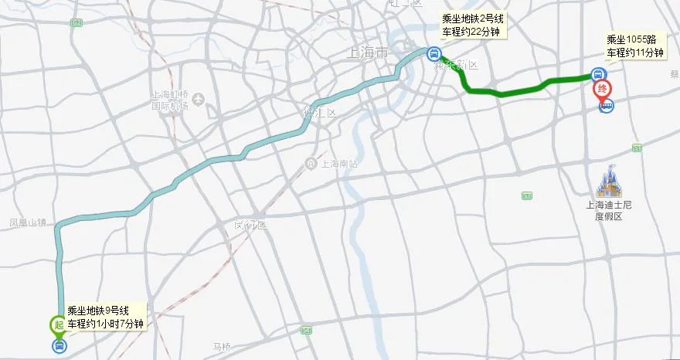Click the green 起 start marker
pyautogui.click(x=59, y=325)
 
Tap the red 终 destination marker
pyautogui.click(x=601, y=90)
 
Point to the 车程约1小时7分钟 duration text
pyautogui.click(x=105, y=324)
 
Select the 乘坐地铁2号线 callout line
pyautogui.click(x=471, y=19)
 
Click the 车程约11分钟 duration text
pyautogui.click(x=635, y=53)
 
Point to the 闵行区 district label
pyautogui.click(x=250, y=225)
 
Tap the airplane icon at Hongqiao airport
pyautogui.click(x=199, y=100)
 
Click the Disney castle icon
pyautogui.click(x=608, y=181)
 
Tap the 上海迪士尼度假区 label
pyautogui.click(x=608, y=211)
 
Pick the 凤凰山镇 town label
pyautogui.click(x=29, y=222)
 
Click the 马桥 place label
pyautogui.click(x=222, y=347)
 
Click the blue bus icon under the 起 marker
pyautogui.click(x=59, y=345)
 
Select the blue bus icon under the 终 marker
pyautogui.click(x=607, y=107)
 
